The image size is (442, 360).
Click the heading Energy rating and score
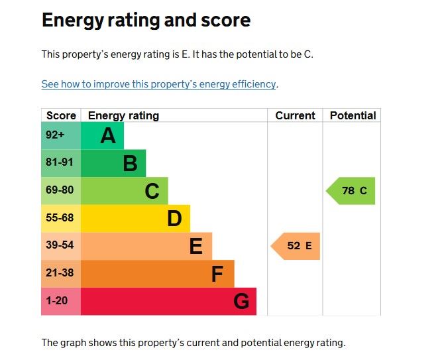(146, 20)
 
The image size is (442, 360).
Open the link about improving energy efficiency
(158, 84)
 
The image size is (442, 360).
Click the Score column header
(61, 115)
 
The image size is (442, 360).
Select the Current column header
(295, 115)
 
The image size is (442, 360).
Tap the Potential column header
(353, 115)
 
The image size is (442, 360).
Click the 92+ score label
(55, 135)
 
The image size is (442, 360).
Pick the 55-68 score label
(58, 218)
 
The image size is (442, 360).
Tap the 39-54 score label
(58, 245)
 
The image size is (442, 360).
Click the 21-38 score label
(58, 273)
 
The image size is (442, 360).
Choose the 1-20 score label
(57, 301)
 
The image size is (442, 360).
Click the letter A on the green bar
(108, 136)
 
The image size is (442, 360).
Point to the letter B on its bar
(130, 163)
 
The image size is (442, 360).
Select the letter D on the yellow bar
(174, 218)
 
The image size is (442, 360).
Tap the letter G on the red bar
(241, 302)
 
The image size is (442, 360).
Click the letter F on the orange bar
(217, 274)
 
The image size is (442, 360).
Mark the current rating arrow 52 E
(296, 246)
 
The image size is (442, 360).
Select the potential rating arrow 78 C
(351, 191)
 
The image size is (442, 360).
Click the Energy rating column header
(123, 115)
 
